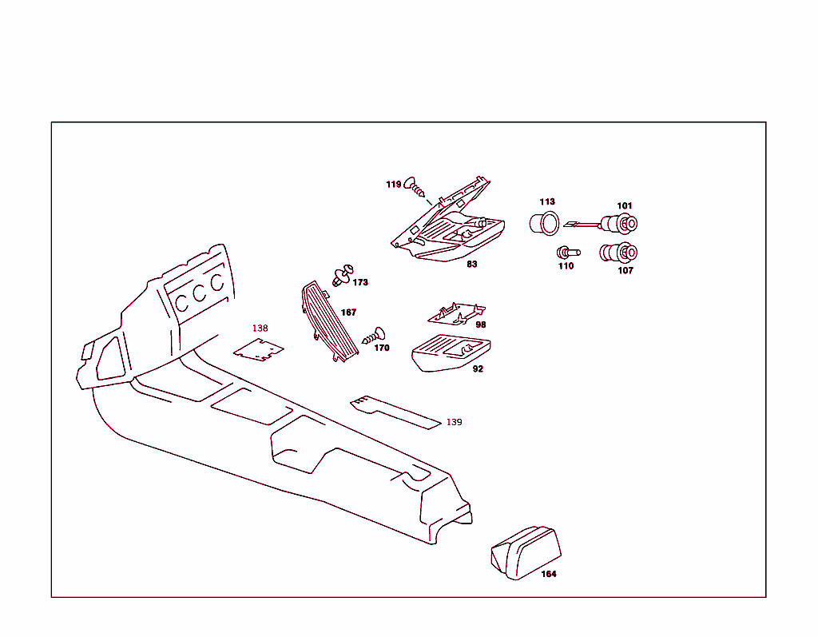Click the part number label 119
[x=393, y=185]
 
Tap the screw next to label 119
[x=415, y=186]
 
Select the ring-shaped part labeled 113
[x=544, y=223]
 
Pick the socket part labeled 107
[x=618, y=253]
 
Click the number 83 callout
[x=472, y=265]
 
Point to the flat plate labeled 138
[x=260, y=349]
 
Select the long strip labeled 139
[x=395, y=410]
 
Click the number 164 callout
[x=548, y=574]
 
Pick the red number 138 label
[x=260, y=328]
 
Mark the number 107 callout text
[x=625, y=271]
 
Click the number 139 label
[x=454, y=422]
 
